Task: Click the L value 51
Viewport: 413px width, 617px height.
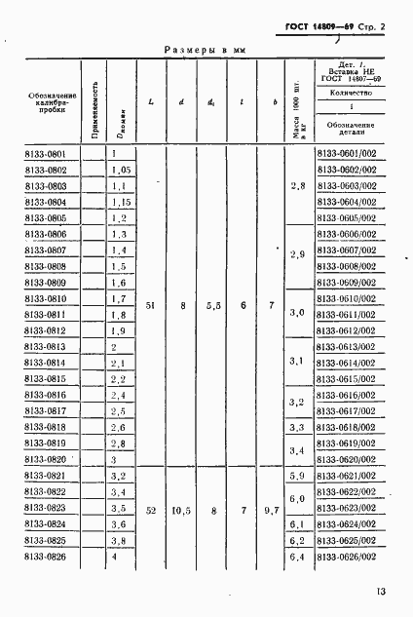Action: [x=149, y=305]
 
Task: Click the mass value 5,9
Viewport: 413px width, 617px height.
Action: [x=299, y=475]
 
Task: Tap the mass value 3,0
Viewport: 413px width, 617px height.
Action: [x=299, y=314]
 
